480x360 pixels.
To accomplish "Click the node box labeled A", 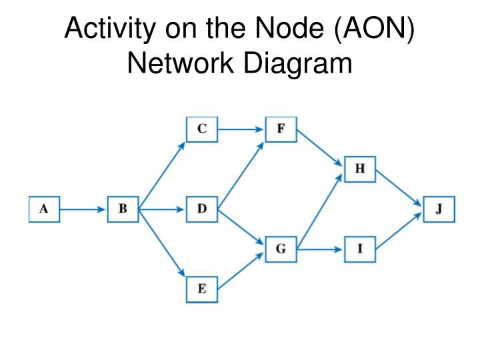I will pos(43,209).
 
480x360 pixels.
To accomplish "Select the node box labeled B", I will pos(123,209).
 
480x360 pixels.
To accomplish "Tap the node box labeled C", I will pos(202,129).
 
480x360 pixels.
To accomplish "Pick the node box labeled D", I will pos(202,209).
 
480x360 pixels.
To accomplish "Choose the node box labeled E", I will pos(202,289).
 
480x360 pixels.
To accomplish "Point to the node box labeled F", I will pos(281,129).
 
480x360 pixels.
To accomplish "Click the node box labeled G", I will pos(281,249).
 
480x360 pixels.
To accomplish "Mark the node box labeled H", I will pos(360,169).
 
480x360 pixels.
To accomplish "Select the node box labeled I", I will pos(360,249).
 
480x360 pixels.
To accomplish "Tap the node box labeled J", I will pos(439,209).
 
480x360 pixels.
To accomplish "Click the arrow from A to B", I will pos(83,209).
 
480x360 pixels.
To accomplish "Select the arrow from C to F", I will pos(241,129).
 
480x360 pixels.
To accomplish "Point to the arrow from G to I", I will pos(320,250).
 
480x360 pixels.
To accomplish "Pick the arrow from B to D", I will pos(162,209).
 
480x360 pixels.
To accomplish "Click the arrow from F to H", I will pos(320,149).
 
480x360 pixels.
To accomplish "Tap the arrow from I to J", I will pos(399,230).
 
